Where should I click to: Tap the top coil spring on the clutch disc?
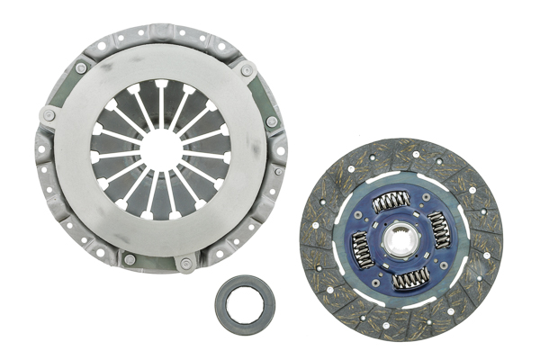click(x=391, y=202)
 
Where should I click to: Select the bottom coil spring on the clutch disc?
click(x=410, y=279)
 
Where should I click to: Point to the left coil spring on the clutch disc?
click(x=360, y=249)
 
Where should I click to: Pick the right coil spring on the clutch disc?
click(x=441, y=229)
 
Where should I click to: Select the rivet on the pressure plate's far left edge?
click(x=48, y=115)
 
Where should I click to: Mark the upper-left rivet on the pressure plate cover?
click(x=82, y=68)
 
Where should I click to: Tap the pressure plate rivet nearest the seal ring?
click(x=186, y=263)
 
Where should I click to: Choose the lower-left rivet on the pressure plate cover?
click(x=130, y=260)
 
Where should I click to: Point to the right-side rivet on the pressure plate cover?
click(x=272, y=121)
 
